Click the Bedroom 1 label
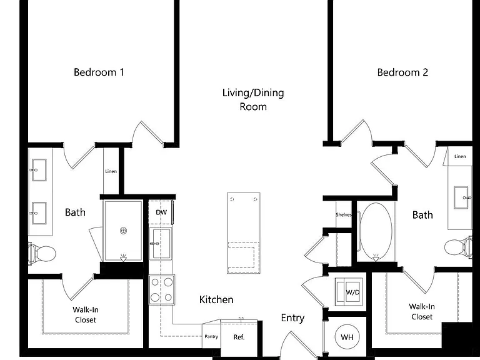tap(99, 72)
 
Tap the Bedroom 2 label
tap(402, 72)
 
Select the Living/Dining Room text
tap(253, 100)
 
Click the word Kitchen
tap(216, 299)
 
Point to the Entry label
tap(292, 318)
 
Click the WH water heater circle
tap(347, 337)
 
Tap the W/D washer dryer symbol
tap(349, 292)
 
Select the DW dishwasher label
tap(161, 212)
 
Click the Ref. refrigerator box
tap(239, 337)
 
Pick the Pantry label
tap(211, 336)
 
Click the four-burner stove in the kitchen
tap(162, 289)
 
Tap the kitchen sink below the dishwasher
tap(161, 244)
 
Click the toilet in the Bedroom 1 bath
tap(42, 254)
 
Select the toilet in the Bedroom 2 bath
tap(458, 247)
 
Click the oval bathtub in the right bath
tap(376, 232)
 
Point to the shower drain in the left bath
tap(123, 231)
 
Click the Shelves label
tap(344, 215)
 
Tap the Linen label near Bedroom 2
tap(460, 156)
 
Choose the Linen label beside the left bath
tap(111, 171)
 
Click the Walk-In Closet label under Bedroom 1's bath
tap(86, 315)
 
